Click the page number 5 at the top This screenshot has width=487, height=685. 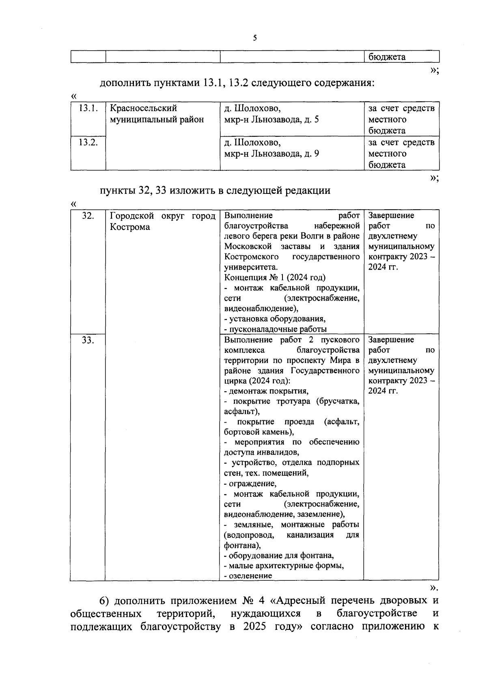tap(255, 38)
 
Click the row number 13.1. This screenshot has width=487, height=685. tap(88, 108)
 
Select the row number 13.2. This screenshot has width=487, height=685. tap(88, 142)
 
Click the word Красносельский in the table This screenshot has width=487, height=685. tap(144, 108)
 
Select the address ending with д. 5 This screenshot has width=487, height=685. tap(272, 120)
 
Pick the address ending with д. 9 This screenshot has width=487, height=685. tap(272, 154)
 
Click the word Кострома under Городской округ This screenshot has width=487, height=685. tap(130, 227)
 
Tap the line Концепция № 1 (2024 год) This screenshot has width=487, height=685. tap(275, 277)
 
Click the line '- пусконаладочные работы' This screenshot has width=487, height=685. tap(276, 329)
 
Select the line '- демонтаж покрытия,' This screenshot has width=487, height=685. tap(266, 391)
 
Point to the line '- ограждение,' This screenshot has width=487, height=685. tap(250, 484)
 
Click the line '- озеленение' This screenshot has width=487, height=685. tap(248, 576)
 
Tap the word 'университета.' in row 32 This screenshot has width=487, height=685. tap(251, 267)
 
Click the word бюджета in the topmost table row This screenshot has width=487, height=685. tap(387, 57)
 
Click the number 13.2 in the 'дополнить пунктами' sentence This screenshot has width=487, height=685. tap(238, 83)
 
